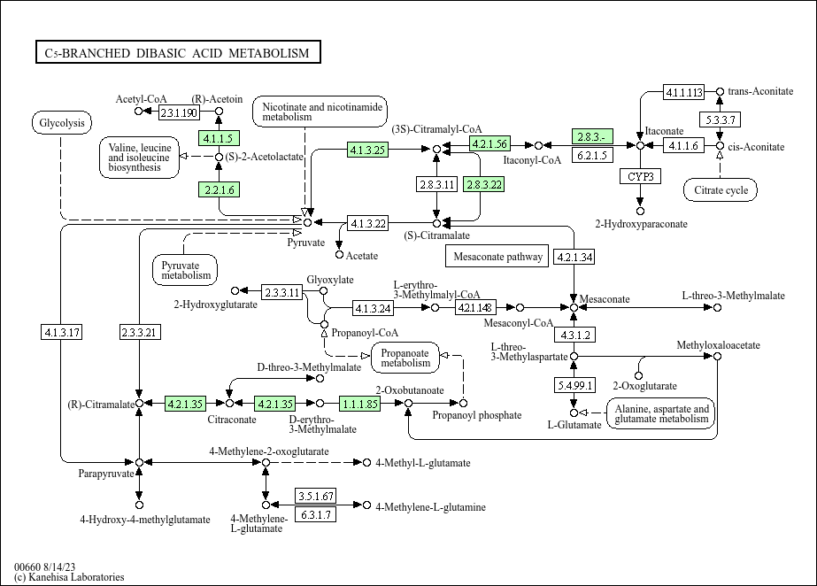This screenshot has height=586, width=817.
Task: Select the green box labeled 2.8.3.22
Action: pos(484,184)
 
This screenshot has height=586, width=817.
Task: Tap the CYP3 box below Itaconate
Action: pos(640,176)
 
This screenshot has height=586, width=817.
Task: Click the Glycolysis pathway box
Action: pos(62,123)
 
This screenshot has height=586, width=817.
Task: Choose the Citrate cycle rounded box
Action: pos(721,189)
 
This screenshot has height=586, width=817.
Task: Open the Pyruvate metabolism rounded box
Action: pos(187,269)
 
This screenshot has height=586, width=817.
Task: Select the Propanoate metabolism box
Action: pos(405,357)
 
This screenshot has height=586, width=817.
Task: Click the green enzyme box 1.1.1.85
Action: pos(360,404)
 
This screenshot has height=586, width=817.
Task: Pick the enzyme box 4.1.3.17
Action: pos(62,332)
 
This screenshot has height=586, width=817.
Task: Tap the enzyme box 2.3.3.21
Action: pos(139,332)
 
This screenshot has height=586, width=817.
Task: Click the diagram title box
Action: pos(177,53)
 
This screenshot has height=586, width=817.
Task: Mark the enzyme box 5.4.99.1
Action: pos(574,385)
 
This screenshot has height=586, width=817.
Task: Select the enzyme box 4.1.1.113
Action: pos(684,92)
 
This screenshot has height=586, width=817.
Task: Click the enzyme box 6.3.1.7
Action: pos(315,514)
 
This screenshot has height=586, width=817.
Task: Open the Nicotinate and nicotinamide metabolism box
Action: pos(320,112)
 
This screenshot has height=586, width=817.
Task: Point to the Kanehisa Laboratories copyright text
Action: pos(69,577)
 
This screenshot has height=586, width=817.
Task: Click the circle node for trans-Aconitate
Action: pos(720,91)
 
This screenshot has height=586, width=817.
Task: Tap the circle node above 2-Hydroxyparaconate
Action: pos(640,211)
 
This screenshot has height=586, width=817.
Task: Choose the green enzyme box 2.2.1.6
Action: pos(219,189)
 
